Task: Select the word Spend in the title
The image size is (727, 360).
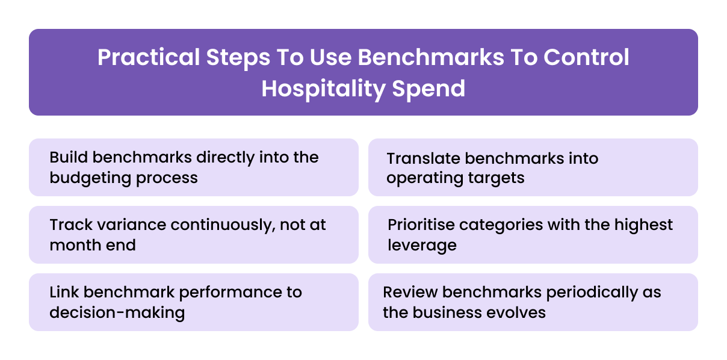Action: (x=428, y=88)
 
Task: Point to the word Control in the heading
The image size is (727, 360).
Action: (x=586, y=58)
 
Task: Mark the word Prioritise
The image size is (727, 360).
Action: (x=421, y=225)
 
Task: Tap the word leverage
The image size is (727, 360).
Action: (x=422, y=246)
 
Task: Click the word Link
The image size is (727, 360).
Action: (x=64, y=292)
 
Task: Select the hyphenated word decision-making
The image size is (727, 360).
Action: (x=117, y=313)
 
